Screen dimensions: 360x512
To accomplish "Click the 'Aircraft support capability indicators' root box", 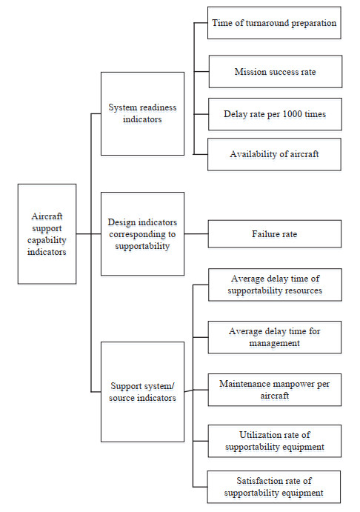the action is tap(47, 234).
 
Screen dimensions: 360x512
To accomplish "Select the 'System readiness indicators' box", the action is tap(142, 113).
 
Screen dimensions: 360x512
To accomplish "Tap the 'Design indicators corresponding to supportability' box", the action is tap(142, 234).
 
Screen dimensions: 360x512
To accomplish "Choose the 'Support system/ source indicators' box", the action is tap(142, 392).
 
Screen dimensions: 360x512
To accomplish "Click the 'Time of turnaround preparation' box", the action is tap(274, 23).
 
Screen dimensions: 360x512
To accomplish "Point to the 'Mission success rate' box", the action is tap(276, 72).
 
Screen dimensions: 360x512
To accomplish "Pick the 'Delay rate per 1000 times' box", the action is tap(275, 114).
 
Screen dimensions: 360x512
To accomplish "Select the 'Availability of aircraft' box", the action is tap(274, 154).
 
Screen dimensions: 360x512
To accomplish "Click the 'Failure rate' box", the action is tap(275, 234).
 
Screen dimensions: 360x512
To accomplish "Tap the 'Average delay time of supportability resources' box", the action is tap(275, 285).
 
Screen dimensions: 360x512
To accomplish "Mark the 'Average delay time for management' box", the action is tap(275, 337).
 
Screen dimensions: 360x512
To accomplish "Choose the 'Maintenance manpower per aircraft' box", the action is tap(275, 390).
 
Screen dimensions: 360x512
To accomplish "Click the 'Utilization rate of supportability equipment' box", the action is tap(275, 441).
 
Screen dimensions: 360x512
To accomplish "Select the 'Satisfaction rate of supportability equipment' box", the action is tap(274, 487).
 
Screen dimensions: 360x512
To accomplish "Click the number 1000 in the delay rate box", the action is tap(292, 114).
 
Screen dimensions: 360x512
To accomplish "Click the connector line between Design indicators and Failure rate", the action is tap(196, 234).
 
